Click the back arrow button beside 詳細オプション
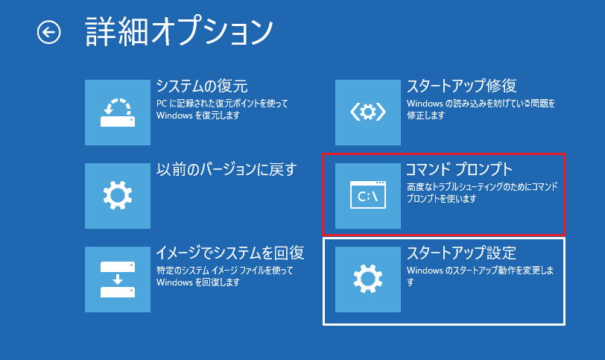[49, 31]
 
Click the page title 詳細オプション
[179, 31]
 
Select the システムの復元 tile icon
[117, 113]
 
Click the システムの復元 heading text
[201, 86]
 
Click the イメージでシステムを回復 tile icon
[117, 280]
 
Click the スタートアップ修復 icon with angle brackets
[368, 113]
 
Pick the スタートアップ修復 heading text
[461, 86]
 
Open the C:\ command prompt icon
[368, 196]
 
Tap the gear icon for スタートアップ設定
[368, 280]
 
